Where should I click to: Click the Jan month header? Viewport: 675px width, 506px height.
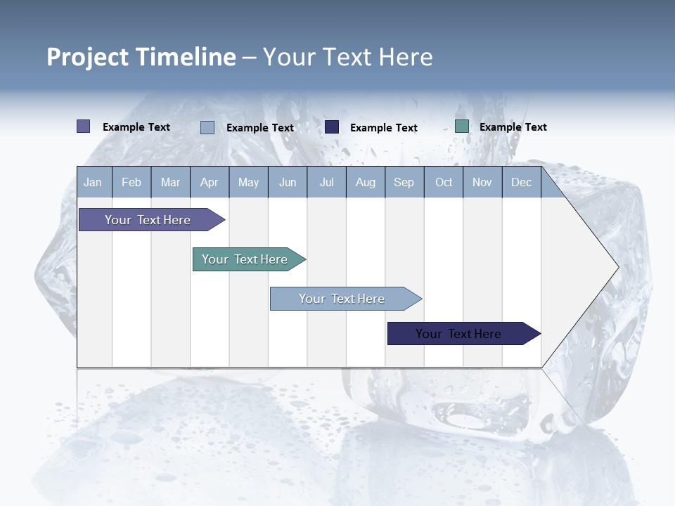93,182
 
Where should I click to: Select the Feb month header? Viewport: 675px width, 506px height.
131,182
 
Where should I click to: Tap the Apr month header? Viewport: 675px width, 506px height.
209,182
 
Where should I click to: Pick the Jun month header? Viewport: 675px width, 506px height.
288,182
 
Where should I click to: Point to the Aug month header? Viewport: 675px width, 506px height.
365,182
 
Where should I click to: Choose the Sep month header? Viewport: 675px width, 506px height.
404,182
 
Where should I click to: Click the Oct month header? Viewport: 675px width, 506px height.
444,182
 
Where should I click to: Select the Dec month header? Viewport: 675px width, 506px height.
521,182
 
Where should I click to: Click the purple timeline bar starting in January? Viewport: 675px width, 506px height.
148,220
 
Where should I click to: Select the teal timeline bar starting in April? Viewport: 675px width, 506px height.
245,259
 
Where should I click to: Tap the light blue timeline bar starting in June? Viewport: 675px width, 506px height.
342,299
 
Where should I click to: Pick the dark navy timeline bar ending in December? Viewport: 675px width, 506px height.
458,334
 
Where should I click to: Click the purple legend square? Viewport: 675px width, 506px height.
83,126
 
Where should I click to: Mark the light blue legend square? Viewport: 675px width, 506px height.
207,127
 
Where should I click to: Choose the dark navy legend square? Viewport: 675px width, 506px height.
332,127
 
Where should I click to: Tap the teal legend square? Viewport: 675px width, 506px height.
462,126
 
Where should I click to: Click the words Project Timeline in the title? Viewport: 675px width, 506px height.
141,56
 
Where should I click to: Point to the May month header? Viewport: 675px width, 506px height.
248,182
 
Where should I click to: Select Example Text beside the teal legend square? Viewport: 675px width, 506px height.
513,126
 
